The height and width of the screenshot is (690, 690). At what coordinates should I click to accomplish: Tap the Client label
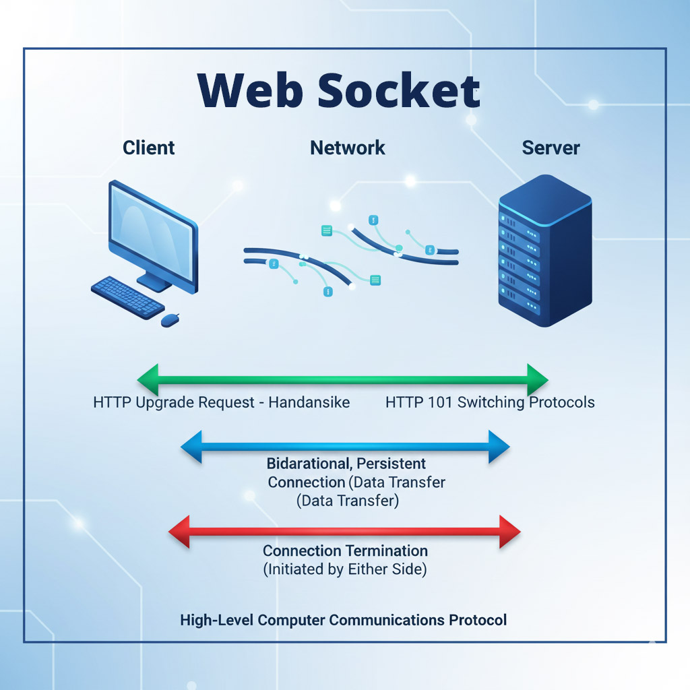click(149, 148)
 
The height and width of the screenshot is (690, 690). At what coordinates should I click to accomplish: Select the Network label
click(348, 148)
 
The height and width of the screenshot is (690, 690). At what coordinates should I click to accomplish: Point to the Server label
click(551, 148)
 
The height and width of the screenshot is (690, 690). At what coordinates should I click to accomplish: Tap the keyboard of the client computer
click(127, 296)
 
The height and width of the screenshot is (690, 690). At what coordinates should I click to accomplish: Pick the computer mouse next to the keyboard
click(170, 319)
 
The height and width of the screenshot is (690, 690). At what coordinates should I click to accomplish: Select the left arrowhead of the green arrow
click(148, 379)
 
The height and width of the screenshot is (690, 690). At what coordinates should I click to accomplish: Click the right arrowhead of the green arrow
click(538, 379)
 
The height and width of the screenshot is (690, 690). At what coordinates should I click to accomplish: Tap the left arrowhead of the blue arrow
click(192, 446)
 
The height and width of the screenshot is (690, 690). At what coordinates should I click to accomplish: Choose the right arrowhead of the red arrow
click(509, 532)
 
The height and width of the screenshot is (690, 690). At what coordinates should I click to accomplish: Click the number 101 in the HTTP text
click(441, 403)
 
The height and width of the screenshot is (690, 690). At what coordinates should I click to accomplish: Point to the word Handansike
click(309, 403)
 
